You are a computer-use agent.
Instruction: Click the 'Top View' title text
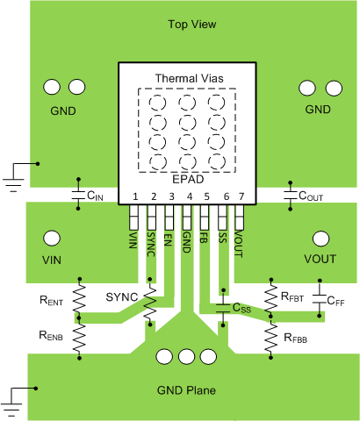pos(192,24)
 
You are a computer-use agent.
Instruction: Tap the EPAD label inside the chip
pos(188,178)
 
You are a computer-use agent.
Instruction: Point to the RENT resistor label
pos(52,302)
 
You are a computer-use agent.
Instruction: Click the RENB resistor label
pos(52,335)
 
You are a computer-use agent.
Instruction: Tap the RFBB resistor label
pos(296,335)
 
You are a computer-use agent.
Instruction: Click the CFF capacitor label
pos(335,302)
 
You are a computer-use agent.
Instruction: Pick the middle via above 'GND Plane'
pos(185,356)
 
